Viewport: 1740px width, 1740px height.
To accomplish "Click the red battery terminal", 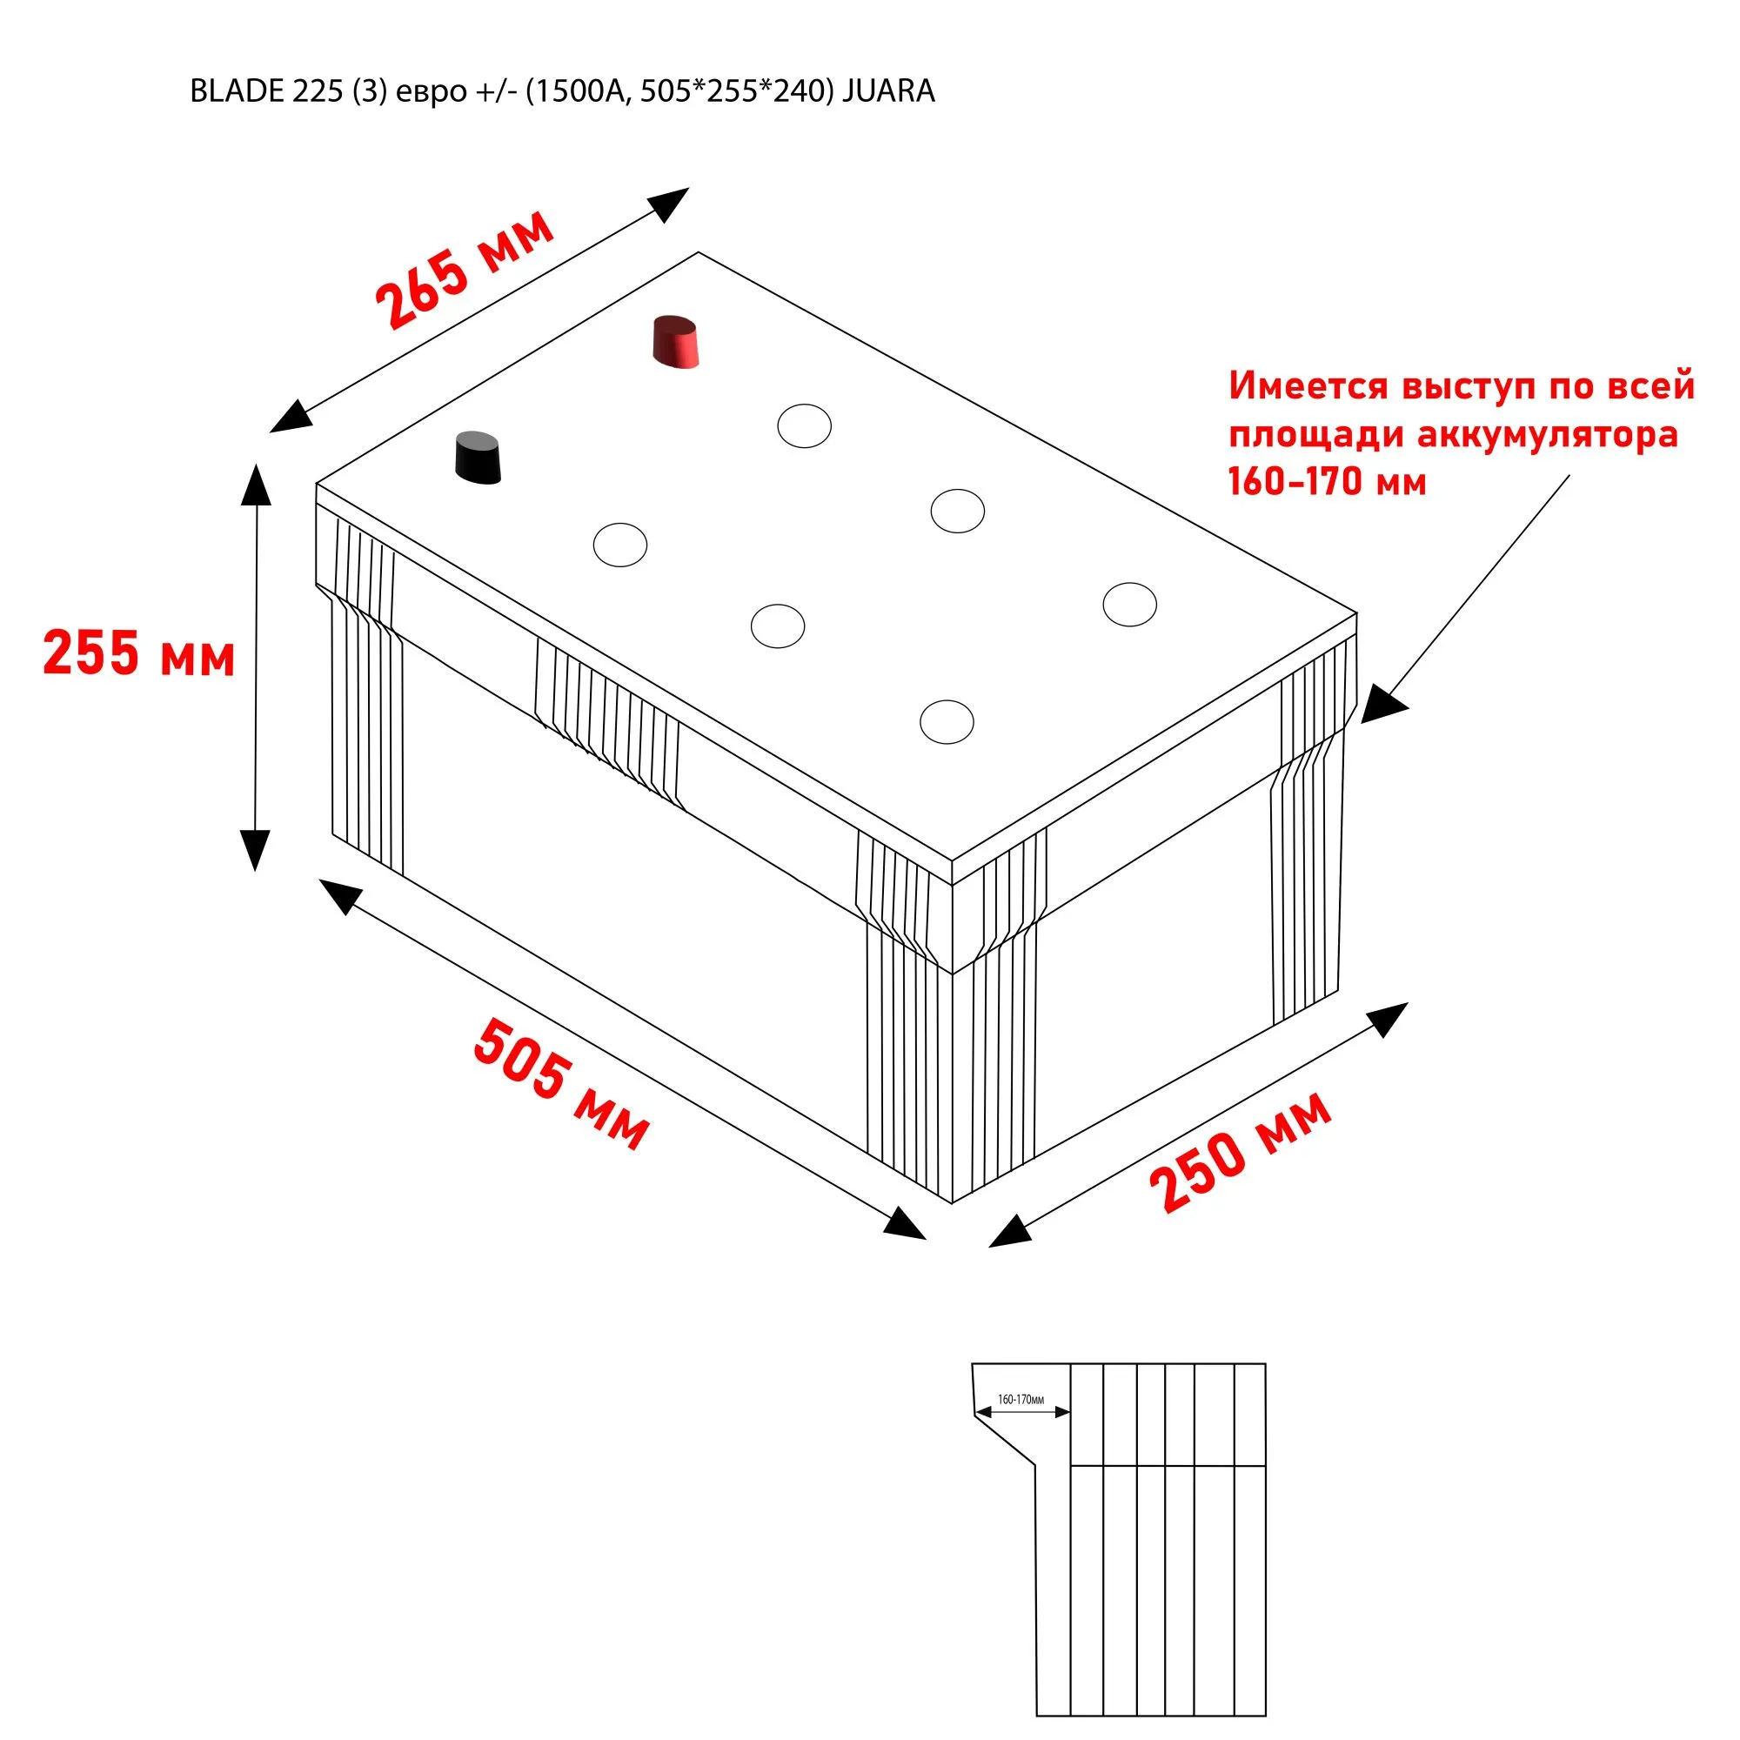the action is pyautogui.click(x=675, y=342).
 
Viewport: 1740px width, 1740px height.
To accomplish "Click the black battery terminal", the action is pyautogui.click(x=478, y=458).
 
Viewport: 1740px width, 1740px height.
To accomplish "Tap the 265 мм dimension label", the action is pyautogui.click(x=464, y=271).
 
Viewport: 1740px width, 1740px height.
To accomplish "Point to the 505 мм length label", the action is pyautogui.click(x=560, y=1083).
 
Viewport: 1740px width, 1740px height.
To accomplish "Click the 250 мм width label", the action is pyautogui.click(x=1240, y=1152).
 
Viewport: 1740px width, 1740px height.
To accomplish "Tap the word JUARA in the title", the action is pyautogui.click(x=888, y=92).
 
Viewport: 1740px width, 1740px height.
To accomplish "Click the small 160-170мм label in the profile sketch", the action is pyautogui.click(x=1021, y=1400).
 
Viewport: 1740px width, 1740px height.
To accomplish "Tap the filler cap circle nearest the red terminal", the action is pyautogui.click(x=804, y=425).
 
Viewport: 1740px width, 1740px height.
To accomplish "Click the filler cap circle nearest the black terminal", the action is pyautogui.click(x=620, y=545).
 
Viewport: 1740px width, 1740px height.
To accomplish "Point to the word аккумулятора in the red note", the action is pyautogui.click(x=1547, y=435).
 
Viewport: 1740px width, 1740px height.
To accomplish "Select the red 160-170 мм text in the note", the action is pyautogui.click(x=1327, y=482).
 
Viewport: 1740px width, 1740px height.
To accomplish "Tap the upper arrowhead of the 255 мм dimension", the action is pyautogui.click(x=257, y=486).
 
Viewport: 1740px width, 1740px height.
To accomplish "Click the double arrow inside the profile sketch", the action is pyautogui.click(x=1023, y=1412).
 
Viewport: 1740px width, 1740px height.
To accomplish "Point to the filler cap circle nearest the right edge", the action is pyautogui.click(x=1129, y=605).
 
